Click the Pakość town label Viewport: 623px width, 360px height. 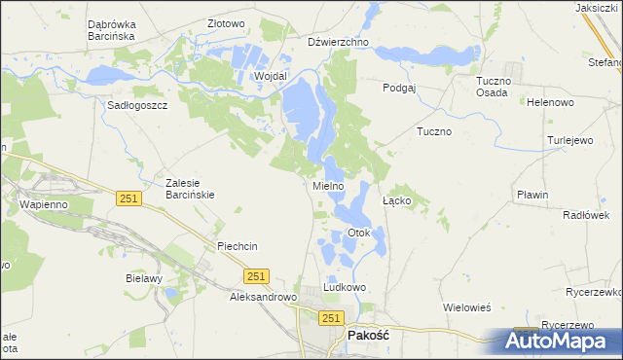[368, 335]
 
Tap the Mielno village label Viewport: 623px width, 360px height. [328, 186]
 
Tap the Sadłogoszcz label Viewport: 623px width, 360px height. [139, 105]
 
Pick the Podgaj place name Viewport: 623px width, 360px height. [399, 87]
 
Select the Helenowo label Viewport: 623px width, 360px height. [549, 102]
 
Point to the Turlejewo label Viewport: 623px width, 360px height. [570, 140]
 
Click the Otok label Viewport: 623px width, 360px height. [359, 234]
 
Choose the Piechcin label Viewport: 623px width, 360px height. [238, 246]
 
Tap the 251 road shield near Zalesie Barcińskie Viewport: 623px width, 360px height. [128, 198]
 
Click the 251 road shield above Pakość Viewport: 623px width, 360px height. [332, 318]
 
